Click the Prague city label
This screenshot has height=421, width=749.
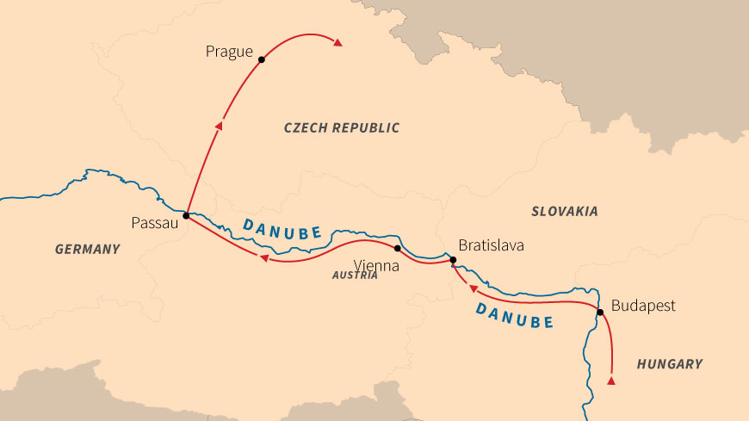(x=229, y=53)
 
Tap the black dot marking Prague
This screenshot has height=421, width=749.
(x=262, y=60)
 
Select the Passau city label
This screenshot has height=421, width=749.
(x=154, y=223)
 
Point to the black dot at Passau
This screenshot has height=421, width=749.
(x=186, y=215)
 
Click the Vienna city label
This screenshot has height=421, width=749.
(x=378, y=266)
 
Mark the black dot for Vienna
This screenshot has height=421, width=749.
(x=397, y=248)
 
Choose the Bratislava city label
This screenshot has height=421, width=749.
(x=491, y=246)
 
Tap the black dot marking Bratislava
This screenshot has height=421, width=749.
(x=452, y=259)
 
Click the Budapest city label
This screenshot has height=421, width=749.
(x=643, y=306)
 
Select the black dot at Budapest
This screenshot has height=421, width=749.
(x=600, y=313)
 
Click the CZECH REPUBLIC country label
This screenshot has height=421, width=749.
(x=342, y=127)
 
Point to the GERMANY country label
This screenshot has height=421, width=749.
(x=87, y=249)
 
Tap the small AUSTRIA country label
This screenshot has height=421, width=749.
(x=355, y=276)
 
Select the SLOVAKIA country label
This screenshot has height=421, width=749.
(x=564, y=211)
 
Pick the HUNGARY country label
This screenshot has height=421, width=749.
(x=669, y=364)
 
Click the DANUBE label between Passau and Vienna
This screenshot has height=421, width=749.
(x=282, y=228)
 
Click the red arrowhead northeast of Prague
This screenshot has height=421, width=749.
(x=339, y=42)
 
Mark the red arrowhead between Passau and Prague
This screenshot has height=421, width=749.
(x=219, y=126)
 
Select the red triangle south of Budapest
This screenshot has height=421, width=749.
(x=611, y=380)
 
